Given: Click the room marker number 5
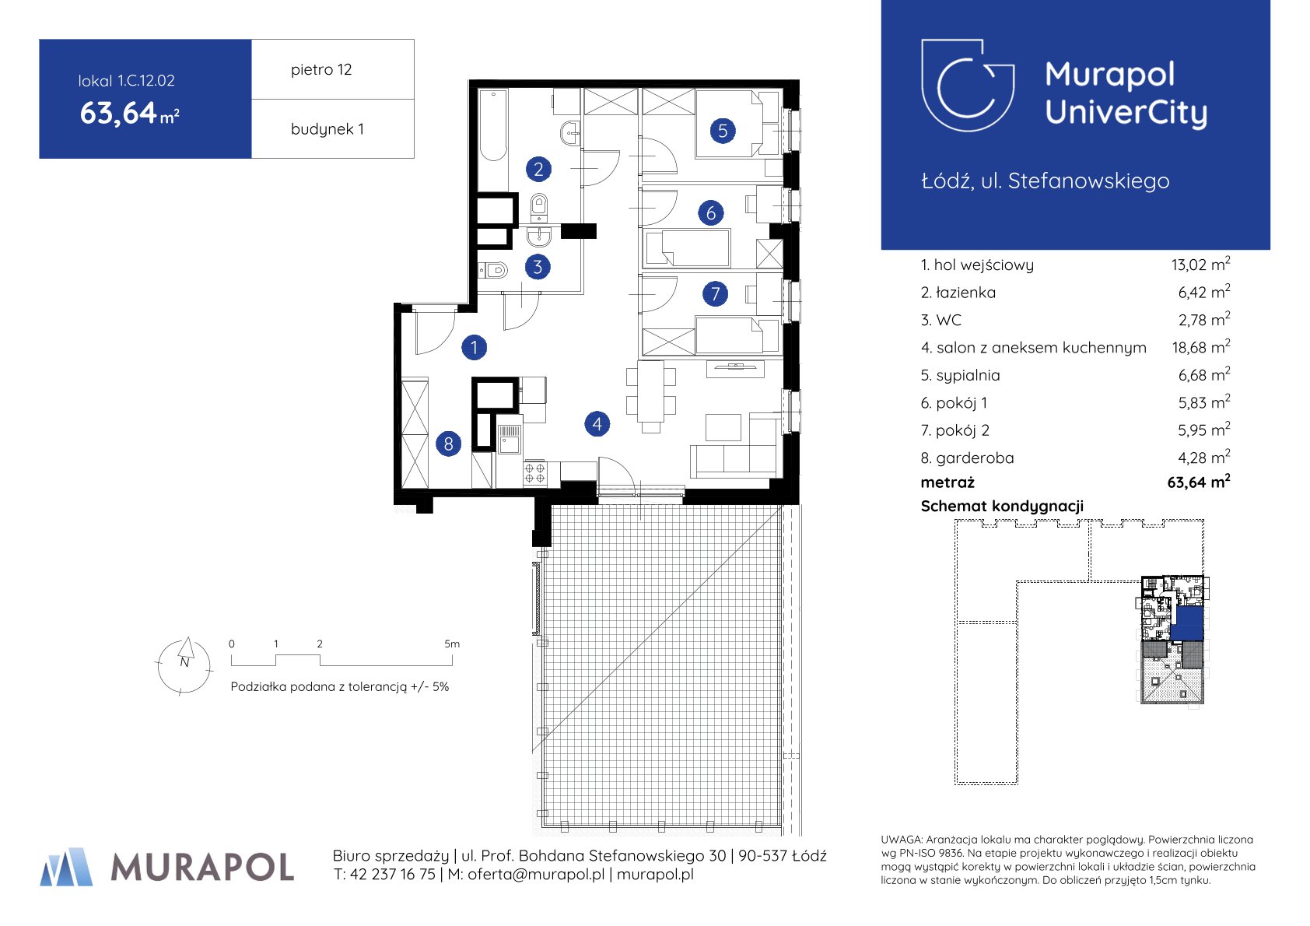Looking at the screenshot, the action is click(723, 131).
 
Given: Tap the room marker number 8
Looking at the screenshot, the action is click(449, 444).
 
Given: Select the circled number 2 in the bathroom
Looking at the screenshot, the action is click(538, 169).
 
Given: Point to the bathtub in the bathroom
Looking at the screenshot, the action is click(493, 125).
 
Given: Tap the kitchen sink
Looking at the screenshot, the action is click(510, 439).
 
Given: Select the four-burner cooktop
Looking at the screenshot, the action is click(534, 473).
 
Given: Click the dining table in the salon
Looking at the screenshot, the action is click(650, 391).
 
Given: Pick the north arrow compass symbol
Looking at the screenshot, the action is click(184, 665).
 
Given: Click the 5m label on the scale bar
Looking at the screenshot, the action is click(451, 644).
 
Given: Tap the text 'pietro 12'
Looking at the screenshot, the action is click(321, 69).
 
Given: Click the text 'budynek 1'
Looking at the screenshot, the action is click(327, 128).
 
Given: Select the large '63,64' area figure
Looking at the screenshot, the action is click(118, 113).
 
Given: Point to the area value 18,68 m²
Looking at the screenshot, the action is click(1200, 347).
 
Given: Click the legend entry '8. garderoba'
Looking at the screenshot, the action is click(967, 458).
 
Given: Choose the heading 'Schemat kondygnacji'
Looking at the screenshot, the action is click(1002, 506).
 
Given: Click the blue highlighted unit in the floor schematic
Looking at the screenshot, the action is click(1189, 623).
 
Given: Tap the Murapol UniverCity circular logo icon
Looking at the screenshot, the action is click(968, 86).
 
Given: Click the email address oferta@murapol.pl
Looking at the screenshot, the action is click(536, 874).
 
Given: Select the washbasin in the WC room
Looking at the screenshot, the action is click(538, 236).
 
